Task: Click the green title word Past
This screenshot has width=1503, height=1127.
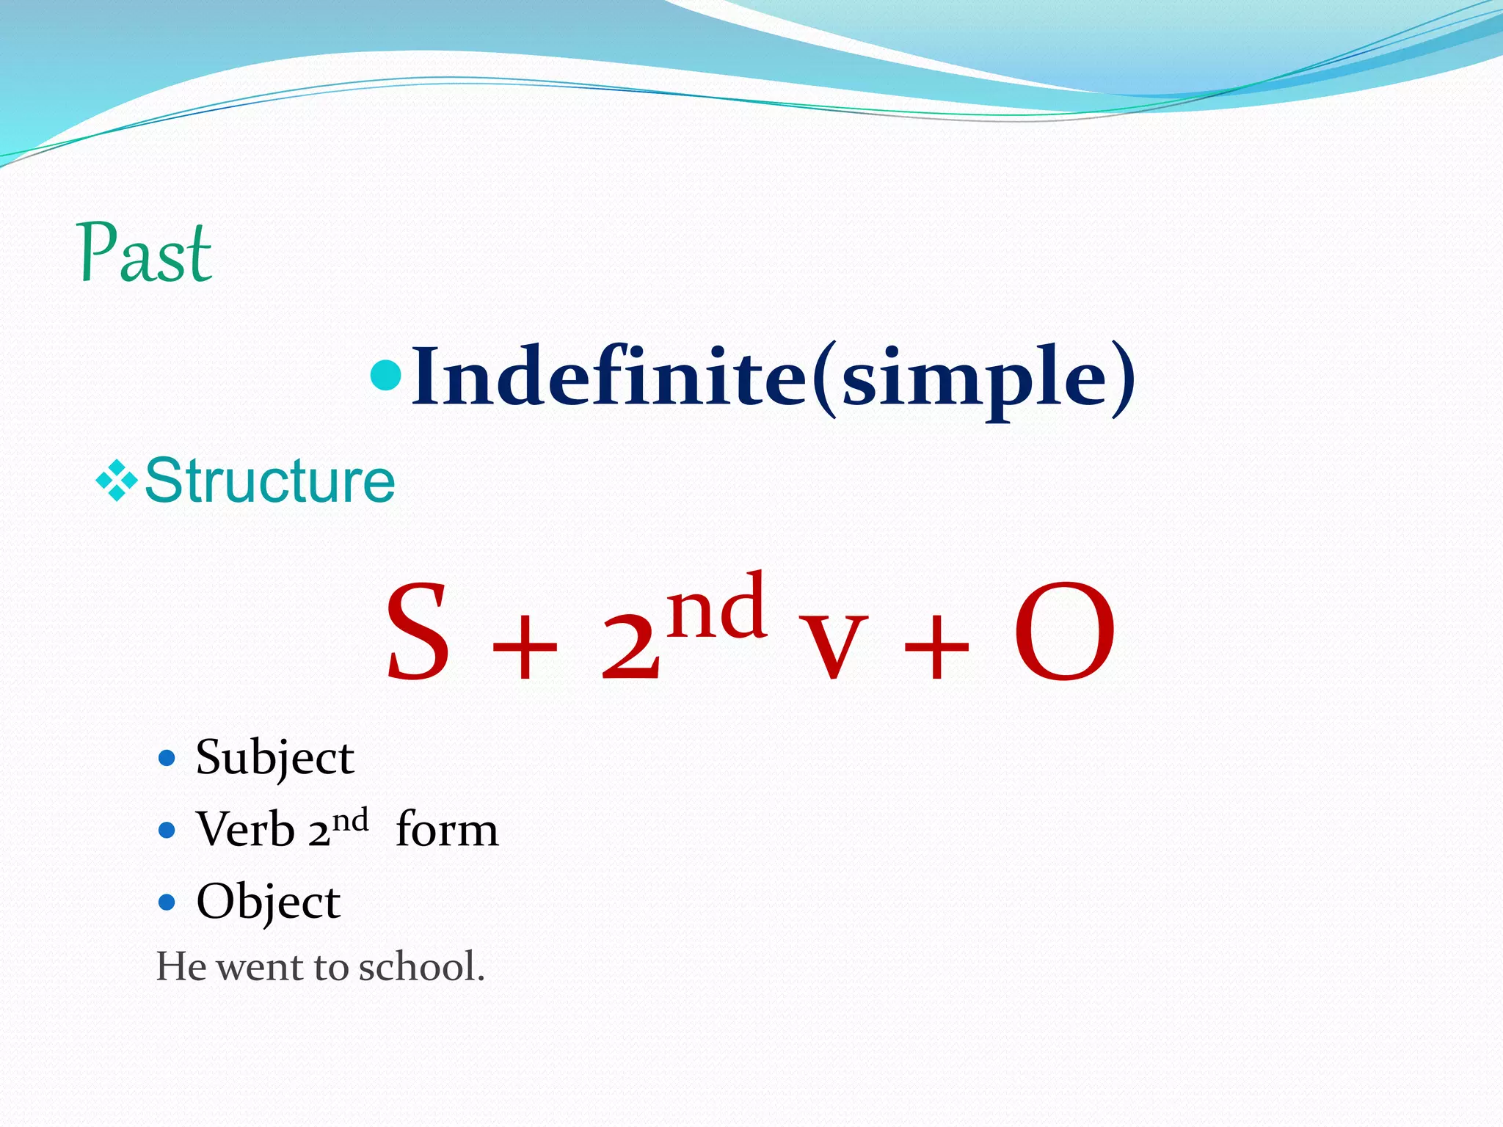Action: tap(145, 253)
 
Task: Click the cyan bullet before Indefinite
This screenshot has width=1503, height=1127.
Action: tap(386, 375)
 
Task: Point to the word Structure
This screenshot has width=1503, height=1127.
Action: tap(270, 481)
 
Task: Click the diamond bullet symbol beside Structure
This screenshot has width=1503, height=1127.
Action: tap(117, 481)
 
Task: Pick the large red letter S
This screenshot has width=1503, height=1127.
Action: tap(418, 631)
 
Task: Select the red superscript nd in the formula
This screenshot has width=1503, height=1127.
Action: tap(718, 606)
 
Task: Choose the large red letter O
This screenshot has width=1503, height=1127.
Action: tap(1064, 632)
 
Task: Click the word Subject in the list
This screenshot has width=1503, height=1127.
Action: tap(274, 758)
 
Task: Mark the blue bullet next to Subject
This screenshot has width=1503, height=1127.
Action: tap(167, 758)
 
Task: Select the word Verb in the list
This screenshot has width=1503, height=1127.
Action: tap(245, 830)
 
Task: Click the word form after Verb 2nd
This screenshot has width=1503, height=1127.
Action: tap(447, 830)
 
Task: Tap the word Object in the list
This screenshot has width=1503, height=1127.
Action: tap(268, 902)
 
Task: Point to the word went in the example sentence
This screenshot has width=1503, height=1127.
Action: tap(261, 966)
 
